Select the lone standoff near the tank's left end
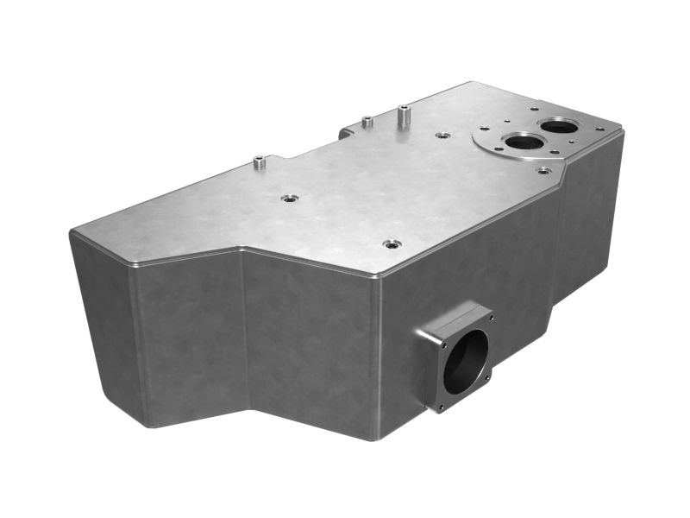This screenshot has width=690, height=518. pyautogui.click(x=259, y=161)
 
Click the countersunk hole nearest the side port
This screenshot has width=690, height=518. pyautogui.click(x=392, y=244)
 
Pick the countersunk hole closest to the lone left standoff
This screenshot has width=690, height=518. pyautogui.click(x=290, y=198)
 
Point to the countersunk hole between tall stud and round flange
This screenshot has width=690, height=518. pyautogui.click(x=443, y=136)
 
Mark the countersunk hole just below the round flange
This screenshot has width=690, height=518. pyautogui.click(x=543, y=170)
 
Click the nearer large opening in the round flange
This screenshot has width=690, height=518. pyautogui.click(x=523, y=142)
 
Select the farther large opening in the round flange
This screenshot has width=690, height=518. pyautogui.click(x=561, y=126)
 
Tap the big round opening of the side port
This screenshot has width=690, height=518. pyautogui.click(x=466, y=362)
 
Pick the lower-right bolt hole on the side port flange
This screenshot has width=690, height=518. pyautogui.click(x=488, y=376)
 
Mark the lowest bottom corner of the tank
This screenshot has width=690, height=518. pyautogui.click(x=374, y=439)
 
